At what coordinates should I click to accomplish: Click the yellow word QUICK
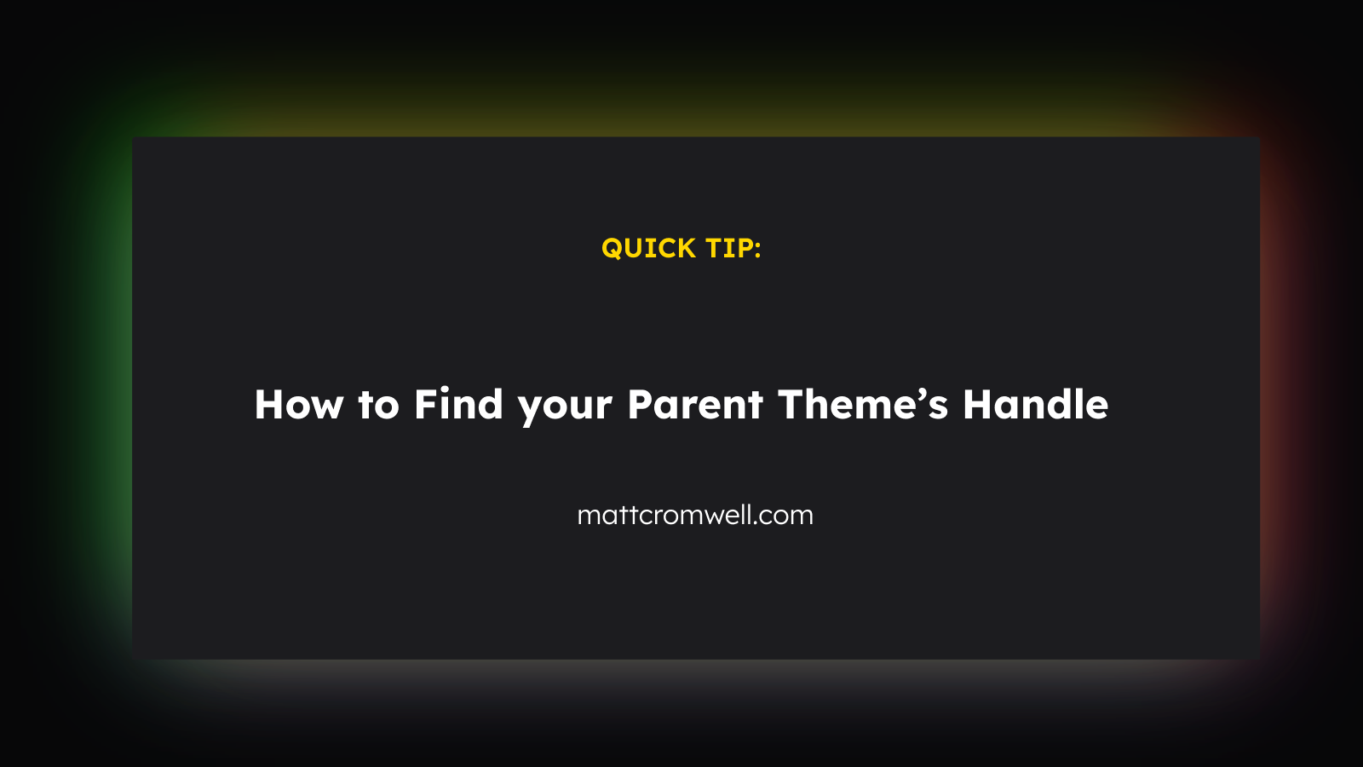(648, 248)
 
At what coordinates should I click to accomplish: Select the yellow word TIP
(728, 248)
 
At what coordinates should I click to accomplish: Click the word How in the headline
(299, 404)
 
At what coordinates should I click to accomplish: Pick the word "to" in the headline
(378, 405)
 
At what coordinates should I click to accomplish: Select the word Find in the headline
(458, 404)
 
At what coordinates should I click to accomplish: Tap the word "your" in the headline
(565, 409)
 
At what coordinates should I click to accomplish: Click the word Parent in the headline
(695, 404)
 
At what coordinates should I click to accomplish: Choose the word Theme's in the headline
(863, 404)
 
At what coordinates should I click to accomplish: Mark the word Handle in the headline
(1036, 404)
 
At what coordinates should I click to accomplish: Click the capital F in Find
(427, 404)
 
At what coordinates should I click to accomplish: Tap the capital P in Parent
(640, 404)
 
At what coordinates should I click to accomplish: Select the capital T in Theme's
(791, 404)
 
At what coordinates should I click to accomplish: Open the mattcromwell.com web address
(695, 515)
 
